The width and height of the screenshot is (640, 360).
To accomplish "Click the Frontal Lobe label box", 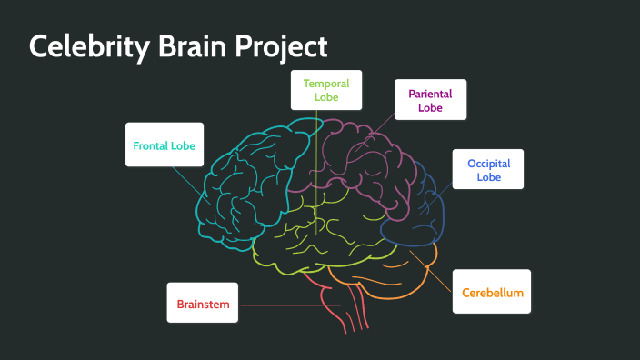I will click(x=164, y=145).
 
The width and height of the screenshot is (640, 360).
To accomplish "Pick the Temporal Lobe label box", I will click(x=326, y=90).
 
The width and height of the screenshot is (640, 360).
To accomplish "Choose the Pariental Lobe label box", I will click(x=430, y=100).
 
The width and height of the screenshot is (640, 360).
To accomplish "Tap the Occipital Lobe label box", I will click(x=488, y=169).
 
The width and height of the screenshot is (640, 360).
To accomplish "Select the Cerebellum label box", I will click(x=492, y=293).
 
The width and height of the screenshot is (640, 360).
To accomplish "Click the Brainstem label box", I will click(x=203, y=304).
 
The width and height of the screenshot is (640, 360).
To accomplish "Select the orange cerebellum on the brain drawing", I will click(x=400, y=273).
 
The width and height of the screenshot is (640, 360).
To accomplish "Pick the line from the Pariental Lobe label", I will click(x=382, y=121).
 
